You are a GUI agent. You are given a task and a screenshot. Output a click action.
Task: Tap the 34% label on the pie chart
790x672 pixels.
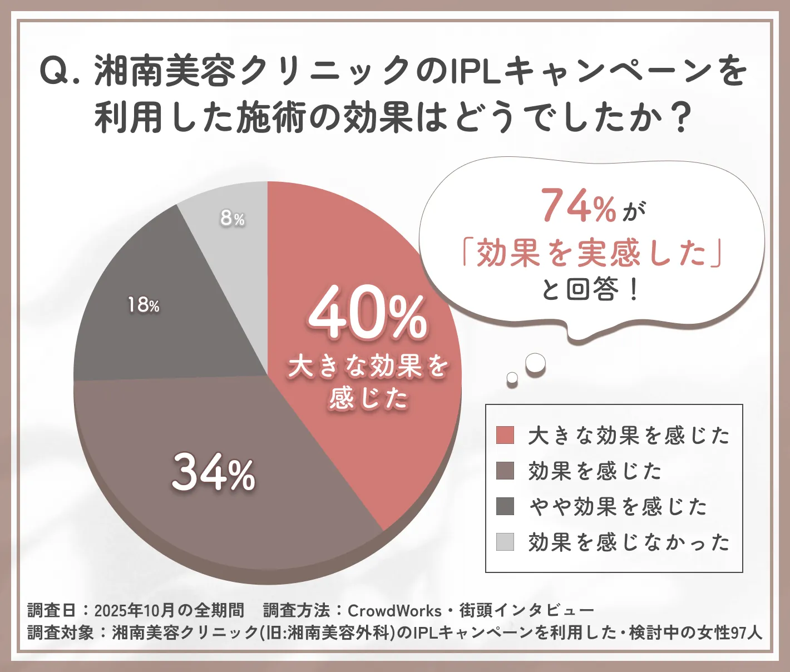tap(214, 473)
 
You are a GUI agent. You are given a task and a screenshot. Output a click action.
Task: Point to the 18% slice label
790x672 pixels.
tap(144, 305)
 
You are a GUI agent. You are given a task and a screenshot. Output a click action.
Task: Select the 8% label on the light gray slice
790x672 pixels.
tap(232, 218)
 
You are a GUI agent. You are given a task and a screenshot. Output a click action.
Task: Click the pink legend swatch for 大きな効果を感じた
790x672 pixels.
tap(505, 435)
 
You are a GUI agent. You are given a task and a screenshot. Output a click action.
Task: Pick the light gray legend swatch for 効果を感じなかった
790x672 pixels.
tap(505, 542)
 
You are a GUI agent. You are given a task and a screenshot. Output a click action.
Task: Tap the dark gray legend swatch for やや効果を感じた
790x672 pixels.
tap(505, 506)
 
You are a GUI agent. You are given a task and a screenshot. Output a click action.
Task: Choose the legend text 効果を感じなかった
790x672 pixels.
tap(629, 542)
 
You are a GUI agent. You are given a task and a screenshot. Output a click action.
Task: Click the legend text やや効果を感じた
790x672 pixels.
tap(618, 506)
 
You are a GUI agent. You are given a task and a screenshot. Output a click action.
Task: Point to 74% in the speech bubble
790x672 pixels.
tap(579, 206)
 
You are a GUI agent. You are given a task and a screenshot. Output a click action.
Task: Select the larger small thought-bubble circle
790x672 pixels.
tap(536, 363)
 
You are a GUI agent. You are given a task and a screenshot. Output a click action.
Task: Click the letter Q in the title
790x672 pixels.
tap(53, 71)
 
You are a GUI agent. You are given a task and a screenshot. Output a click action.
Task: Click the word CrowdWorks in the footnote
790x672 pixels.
tap(394, 610)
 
